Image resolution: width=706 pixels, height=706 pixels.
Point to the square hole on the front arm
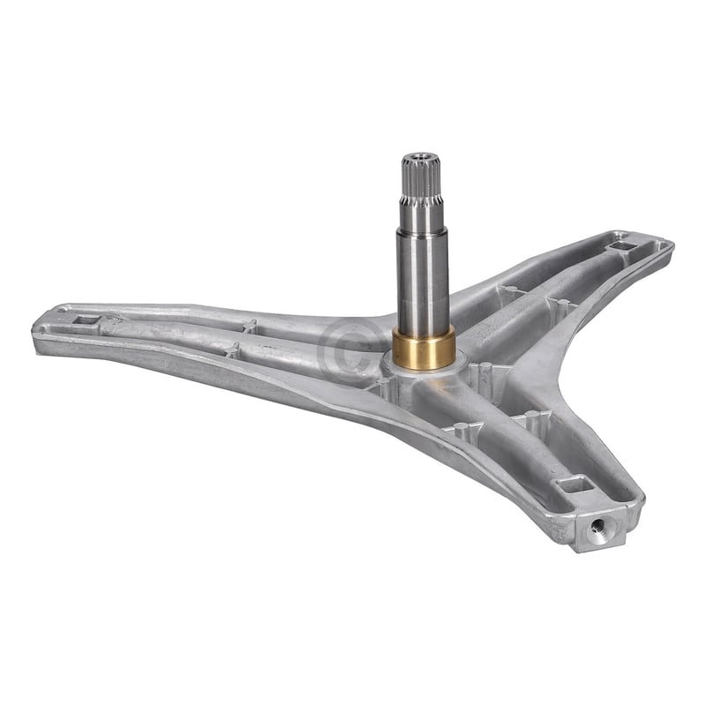click(x=576, y=484)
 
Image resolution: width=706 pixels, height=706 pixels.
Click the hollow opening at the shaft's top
click(x=421, y=159)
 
